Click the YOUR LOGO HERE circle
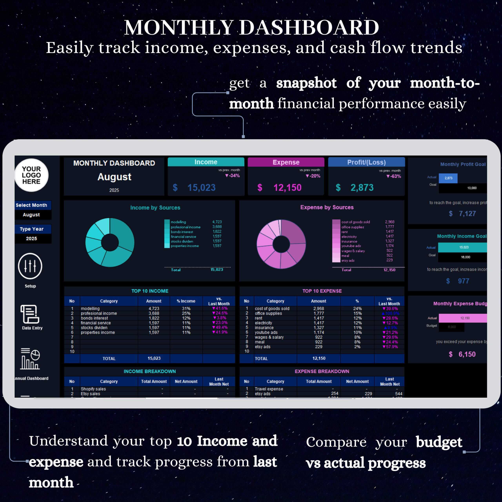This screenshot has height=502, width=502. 31,175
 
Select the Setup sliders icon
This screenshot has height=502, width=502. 30,266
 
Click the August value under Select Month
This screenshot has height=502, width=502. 31,215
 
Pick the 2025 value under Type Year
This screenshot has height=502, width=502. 31,238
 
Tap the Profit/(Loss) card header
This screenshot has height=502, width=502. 366,162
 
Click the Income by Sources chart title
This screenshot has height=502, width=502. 155,208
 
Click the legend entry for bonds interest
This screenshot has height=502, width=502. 182,232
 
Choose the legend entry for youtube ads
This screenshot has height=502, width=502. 351,246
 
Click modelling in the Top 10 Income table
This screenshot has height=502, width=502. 90,308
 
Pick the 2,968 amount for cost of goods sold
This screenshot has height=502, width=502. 319,308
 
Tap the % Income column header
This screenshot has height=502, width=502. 186,301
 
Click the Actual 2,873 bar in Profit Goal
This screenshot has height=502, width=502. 448,178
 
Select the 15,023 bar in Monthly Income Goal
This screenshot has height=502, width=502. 464,247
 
